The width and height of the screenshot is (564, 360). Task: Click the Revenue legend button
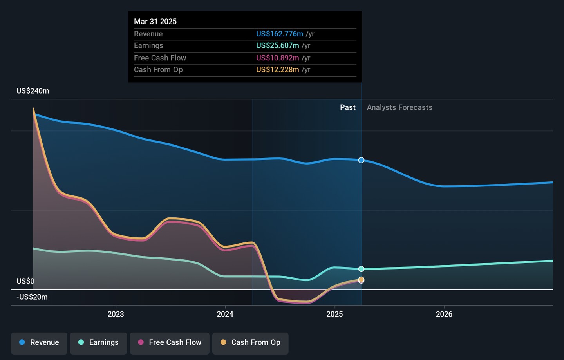click(x=39, y=343)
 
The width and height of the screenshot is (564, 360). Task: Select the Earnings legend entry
click(x=98, y=343)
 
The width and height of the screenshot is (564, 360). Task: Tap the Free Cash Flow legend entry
click(x=170, y=343)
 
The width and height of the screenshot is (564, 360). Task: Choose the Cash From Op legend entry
click(x=250, y=343)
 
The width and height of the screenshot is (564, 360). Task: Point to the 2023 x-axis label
click(x=116, y=314)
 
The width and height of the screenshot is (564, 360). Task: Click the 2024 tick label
click(x=225, y=314)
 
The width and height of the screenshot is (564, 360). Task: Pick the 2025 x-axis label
click(x=334, y=314)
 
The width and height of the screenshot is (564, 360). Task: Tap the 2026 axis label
click(x=444, y=314)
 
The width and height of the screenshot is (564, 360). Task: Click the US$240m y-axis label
click(x=33, y=91)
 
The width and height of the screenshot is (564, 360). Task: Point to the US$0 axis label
click(x=25, y=281)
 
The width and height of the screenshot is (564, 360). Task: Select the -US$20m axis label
click(x=32, y=297)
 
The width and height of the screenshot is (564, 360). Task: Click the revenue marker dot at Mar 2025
click(x=361, y=160)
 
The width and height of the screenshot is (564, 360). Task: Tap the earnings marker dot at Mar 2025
click(x=361, y=269)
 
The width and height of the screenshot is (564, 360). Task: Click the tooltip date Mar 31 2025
click(x=155, y=22)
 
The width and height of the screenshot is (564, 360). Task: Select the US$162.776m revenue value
click(x=280, y=34)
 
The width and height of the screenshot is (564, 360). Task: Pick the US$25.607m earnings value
click(x=278, y=46)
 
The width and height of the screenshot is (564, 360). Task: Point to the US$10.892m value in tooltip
click(x=278, y=58)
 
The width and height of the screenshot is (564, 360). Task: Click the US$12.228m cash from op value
click(x=278, y=70)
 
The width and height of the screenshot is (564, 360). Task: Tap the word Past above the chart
click(x=347, y=107)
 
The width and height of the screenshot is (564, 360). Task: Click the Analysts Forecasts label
click(x=399, y=107)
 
